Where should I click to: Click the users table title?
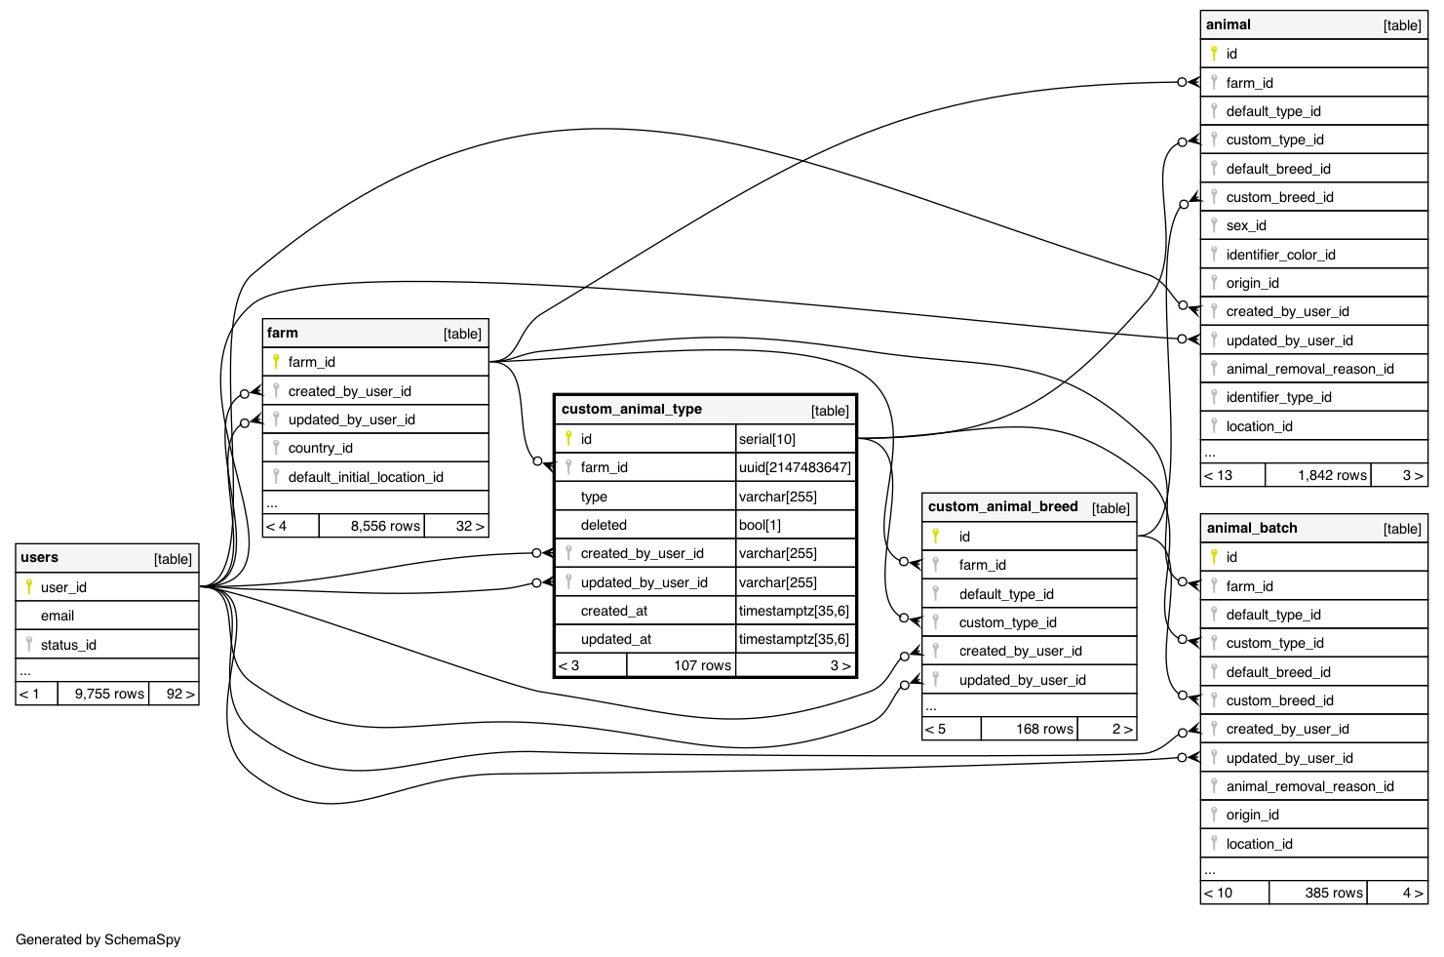tap(40, 558)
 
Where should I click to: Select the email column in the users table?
tap(58, 616)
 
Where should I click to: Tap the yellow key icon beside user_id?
tap(29, 586)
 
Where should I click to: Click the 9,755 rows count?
tap(109, 694)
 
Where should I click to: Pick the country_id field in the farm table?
tap(320, 448)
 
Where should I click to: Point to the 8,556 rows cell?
tap(385, 526)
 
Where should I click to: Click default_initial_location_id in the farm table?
tap(366, 477)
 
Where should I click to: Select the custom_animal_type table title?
tap(631, 410)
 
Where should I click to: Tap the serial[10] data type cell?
tap(767, 439)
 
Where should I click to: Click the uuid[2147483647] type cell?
tap(795, 467)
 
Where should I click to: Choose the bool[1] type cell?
tap(760, 525)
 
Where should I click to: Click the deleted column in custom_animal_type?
tap(604, 525)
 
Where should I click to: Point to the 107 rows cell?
tap(702, 665)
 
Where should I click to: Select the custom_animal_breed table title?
tap(1002, 507)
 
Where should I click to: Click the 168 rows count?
tap(1044, 729)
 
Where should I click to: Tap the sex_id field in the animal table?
tap(1246, 225)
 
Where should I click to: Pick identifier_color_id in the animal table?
tap(1280, 255)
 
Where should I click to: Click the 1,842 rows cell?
tap(1332, 475)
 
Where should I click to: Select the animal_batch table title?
tap(1252, 529)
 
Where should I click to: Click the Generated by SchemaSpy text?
tap(98, 939)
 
